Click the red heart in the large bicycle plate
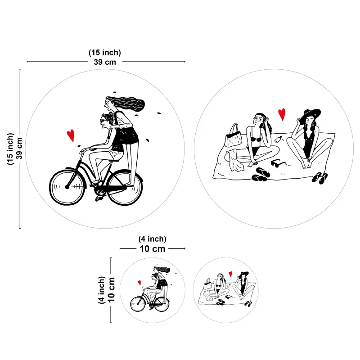[x=71, y=135]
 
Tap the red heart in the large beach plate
[x=282, y=114]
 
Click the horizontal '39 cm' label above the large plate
[x=105, y=62]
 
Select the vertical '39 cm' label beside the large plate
[x=19, y=148]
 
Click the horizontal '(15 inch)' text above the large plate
[x=105, y=53]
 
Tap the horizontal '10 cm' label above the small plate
[x=153, y=249]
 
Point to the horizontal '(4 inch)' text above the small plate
[x=152, y=239]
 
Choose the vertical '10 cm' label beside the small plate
[x=111, y=290]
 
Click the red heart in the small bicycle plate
[x=139, y=283]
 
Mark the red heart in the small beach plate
[x=230, y=274]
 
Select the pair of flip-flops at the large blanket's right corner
[x=319, y=178]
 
